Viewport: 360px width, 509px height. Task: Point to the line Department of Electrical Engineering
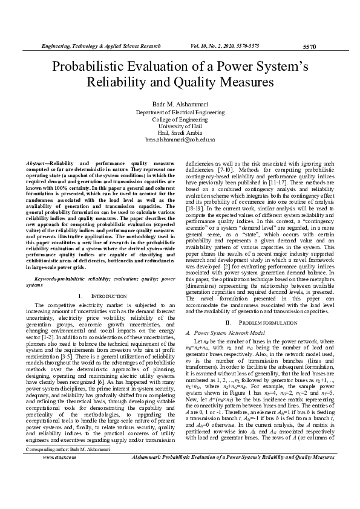point(180,113)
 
